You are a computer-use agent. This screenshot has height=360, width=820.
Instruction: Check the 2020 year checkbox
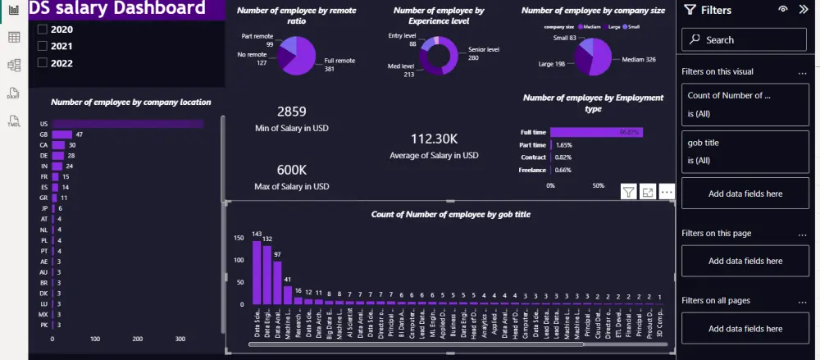pos(43,30)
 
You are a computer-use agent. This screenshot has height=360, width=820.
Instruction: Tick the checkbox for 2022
pos(43,62)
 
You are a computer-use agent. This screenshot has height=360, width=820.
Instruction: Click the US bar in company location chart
pos(127,124)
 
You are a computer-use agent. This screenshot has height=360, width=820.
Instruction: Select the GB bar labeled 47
pos(62,134)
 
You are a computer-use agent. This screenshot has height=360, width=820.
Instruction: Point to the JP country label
pos(43,208)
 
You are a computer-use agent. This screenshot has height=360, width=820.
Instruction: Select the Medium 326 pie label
pos(639,60)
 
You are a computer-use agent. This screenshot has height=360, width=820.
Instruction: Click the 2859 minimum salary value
pos(293,112)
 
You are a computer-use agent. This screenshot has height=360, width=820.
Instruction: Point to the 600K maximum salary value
pos(293,169)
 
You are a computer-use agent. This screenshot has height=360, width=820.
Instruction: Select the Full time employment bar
pos(596,132)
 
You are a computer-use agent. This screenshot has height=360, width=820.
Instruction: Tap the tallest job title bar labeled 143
pos(257,272)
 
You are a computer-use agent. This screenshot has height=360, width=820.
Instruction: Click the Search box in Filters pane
pos(744,39)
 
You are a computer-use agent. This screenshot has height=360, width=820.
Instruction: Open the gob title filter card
pos(744,152)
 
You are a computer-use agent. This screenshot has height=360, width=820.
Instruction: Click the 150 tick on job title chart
pos(239,239)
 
